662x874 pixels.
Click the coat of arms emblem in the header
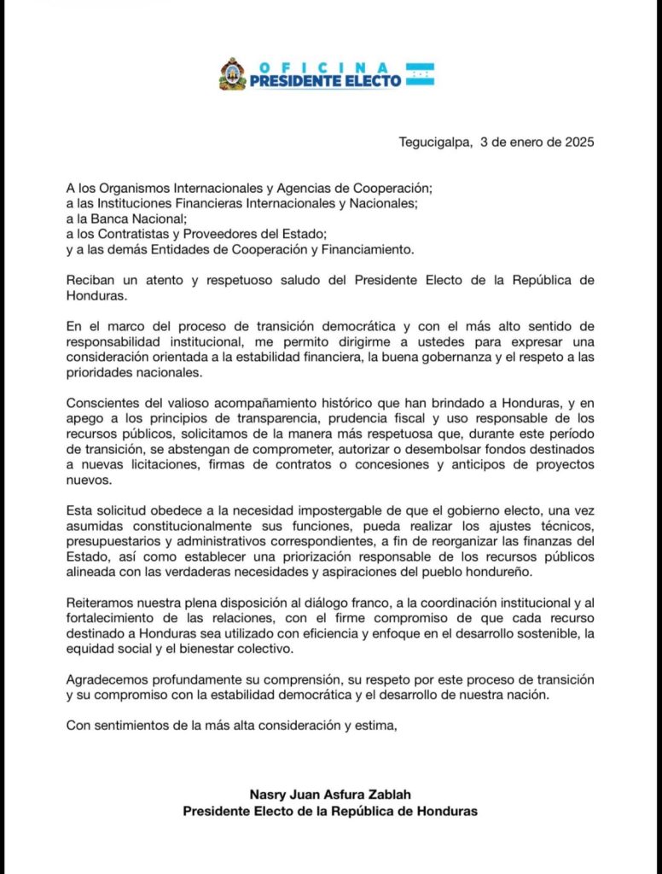click(x=232, y=73)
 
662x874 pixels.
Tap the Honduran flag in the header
click(x=420, y=73)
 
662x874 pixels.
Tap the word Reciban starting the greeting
click(x=90, y=280)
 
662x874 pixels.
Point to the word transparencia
click(x=287, y=420)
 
